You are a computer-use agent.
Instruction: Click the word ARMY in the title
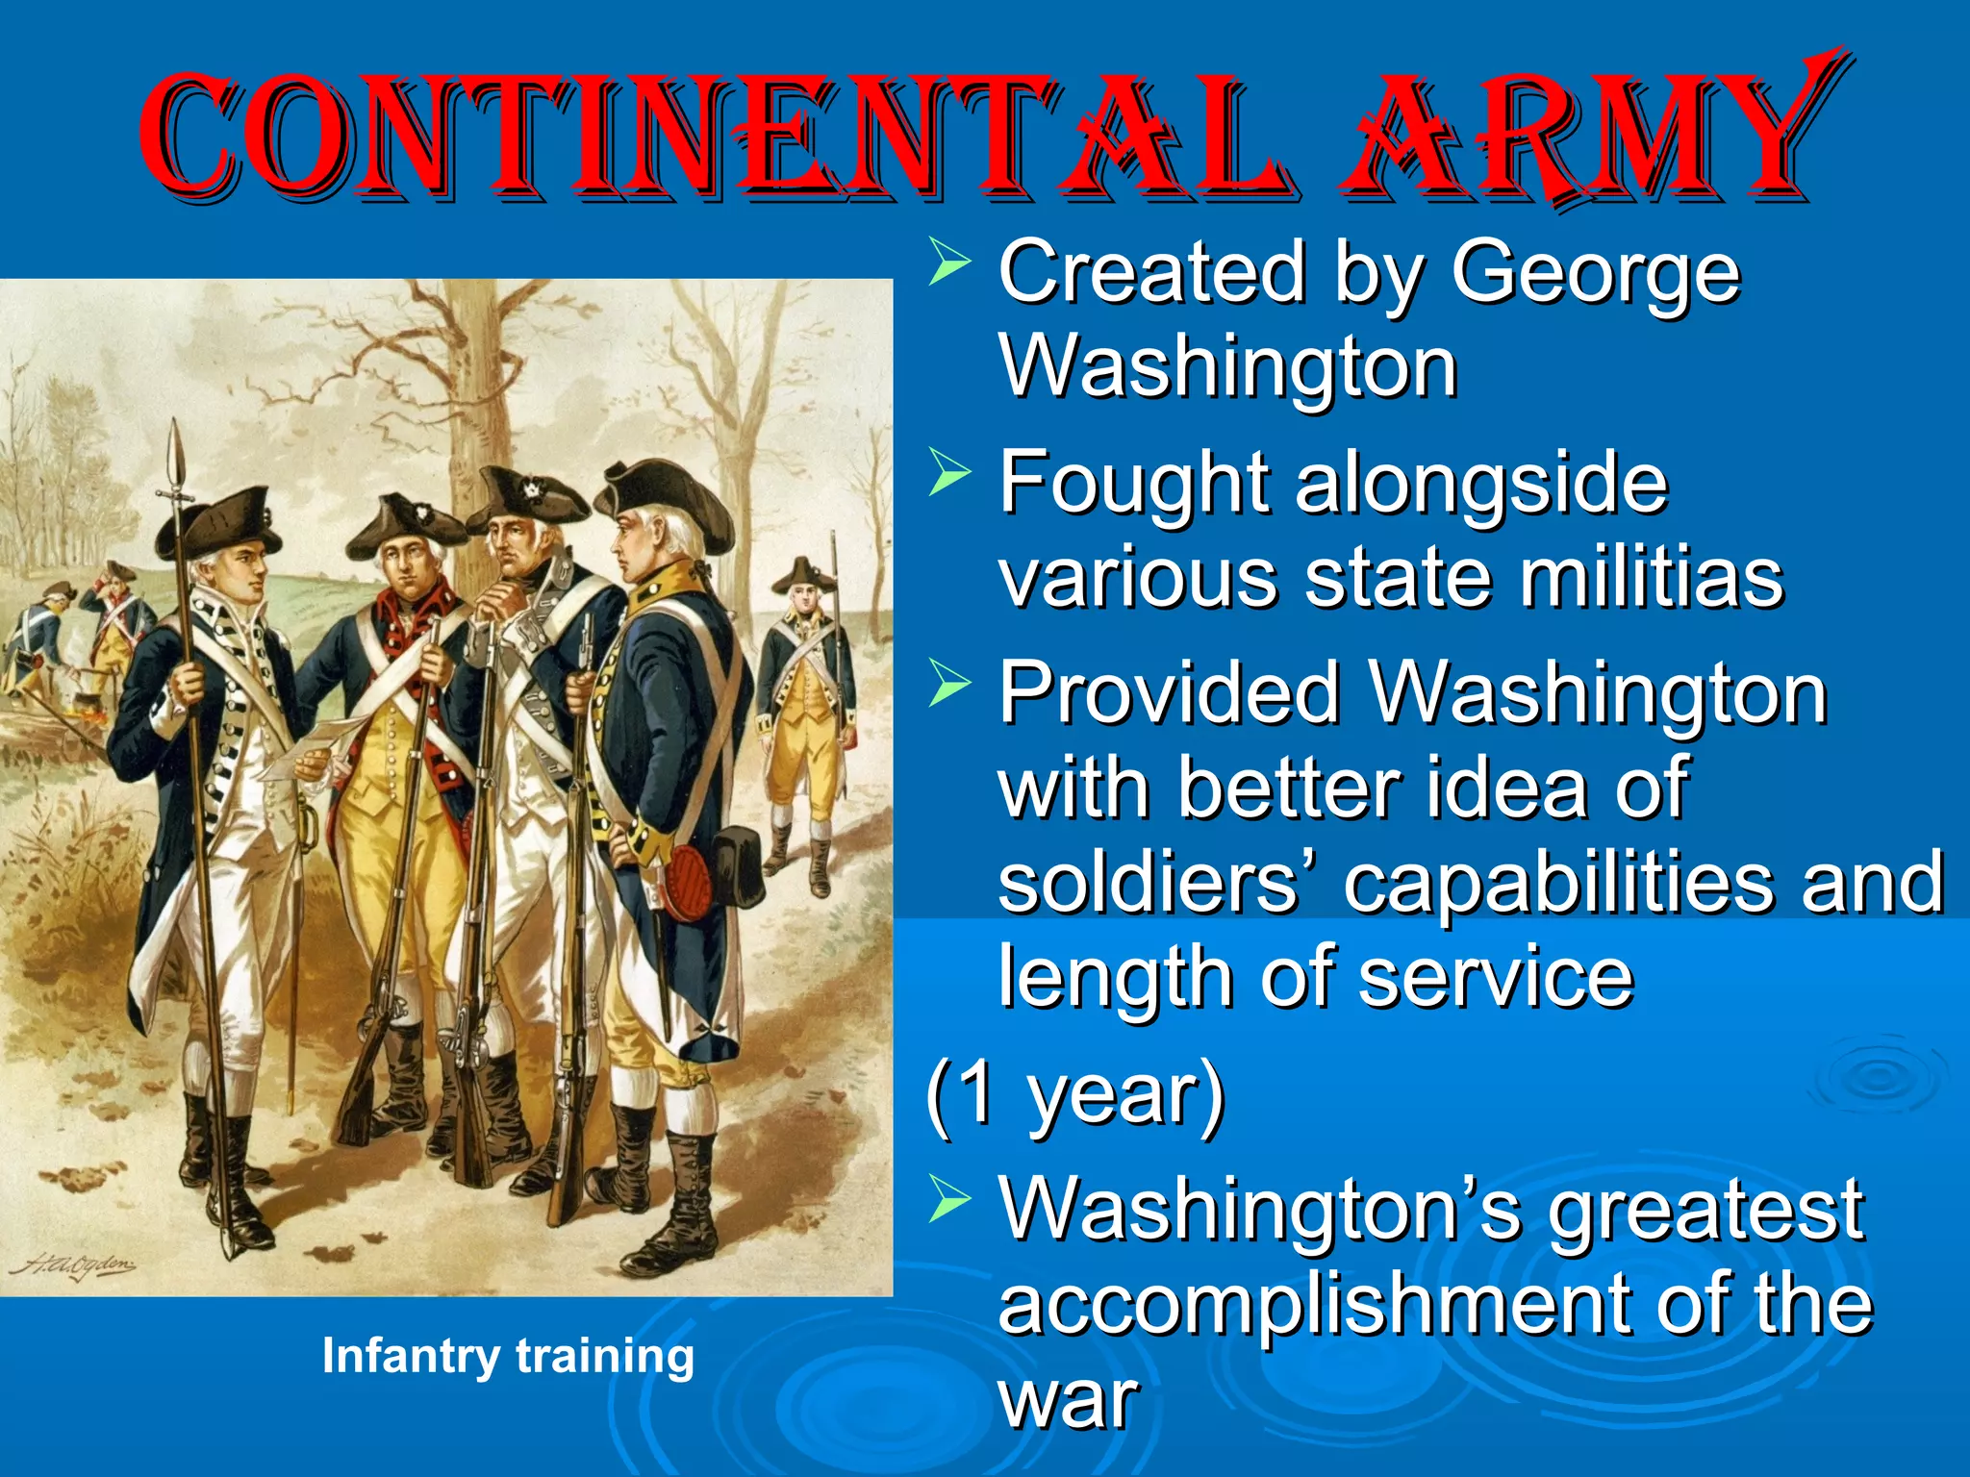(x=1578, y=135)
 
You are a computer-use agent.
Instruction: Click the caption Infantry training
(x=508, y=1356)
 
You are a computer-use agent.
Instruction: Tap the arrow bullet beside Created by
(x=949, y=265)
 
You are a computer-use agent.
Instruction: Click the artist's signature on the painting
(x=73, y=1262)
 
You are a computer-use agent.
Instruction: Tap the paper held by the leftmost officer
(x=313, y=745)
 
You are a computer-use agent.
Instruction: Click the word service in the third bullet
(x=1496, y=976)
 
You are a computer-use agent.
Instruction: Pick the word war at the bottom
(x=1068, y=1400)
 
